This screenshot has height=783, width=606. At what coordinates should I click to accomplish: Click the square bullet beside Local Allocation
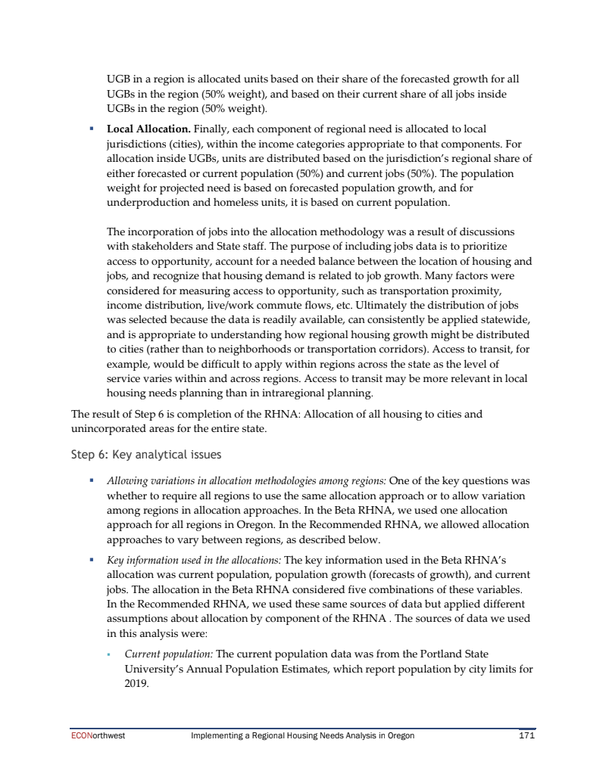(x=90, y=129)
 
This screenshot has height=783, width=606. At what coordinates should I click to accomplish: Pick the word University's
(x=160, y=668)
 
